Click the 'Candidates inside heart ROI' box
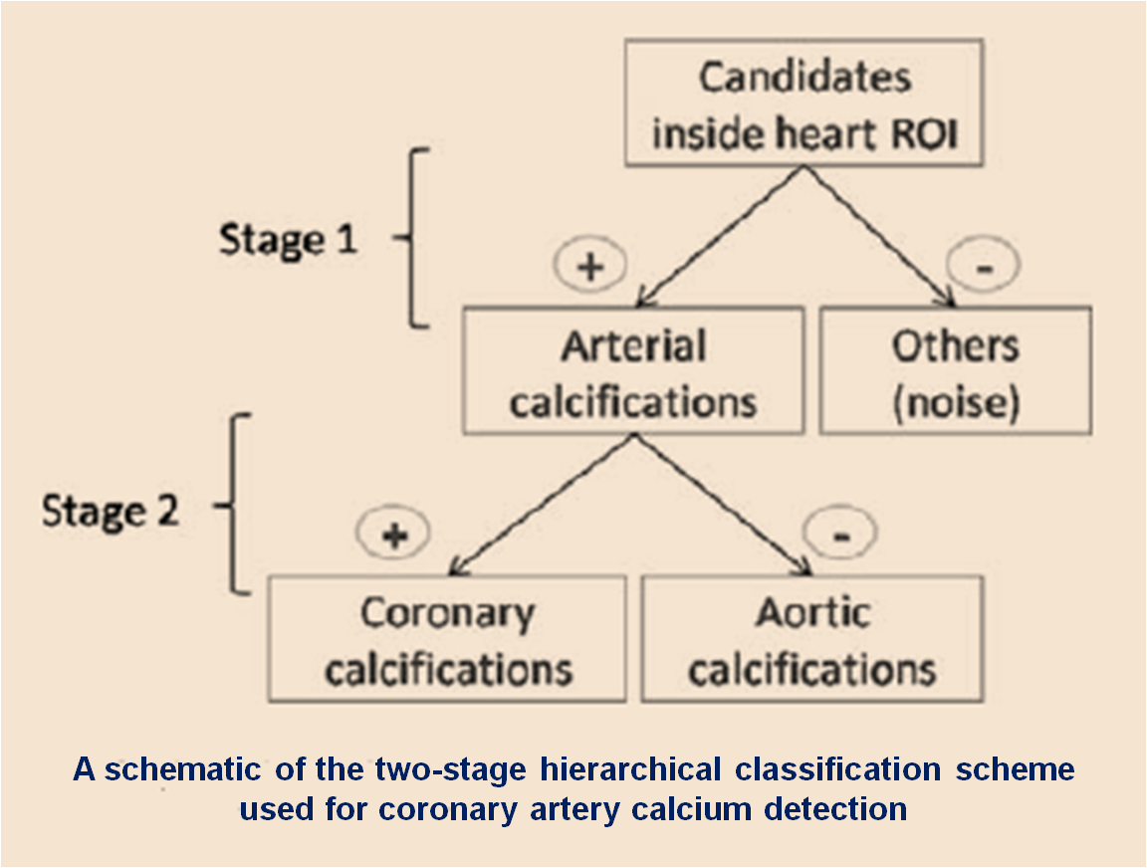tap(803, 104)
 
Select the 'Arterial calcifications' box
tap(633, 370)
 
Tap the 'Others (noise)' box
tap(956, 370)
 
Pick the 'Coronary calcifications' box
tap(447, 639)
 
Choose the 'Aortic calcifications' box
tap(812, 639)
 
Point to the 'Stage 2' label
tap(111, 511)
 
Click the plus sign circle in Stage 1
tap(590, 265)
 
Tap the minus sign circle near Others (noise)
tap(984, 264)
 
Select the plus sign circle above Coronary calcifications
tap(393, 534)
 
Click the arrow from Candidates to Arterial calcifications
tap(720, 236)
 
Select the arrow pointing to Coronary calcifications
tap(542, 505)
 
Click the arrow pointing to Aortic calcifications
tap(724, 505)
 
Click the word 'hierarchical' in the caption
tap(630, 770)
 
